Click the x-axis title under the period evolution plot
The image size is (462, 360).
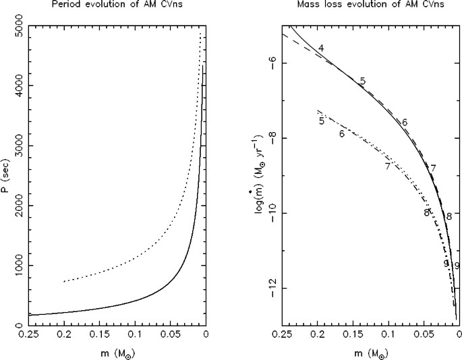point(117,352)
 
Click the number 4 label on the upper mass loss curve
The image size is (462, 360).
point(322,48)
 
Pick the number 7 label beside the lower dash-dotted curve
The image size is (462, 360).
point(388,166)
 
